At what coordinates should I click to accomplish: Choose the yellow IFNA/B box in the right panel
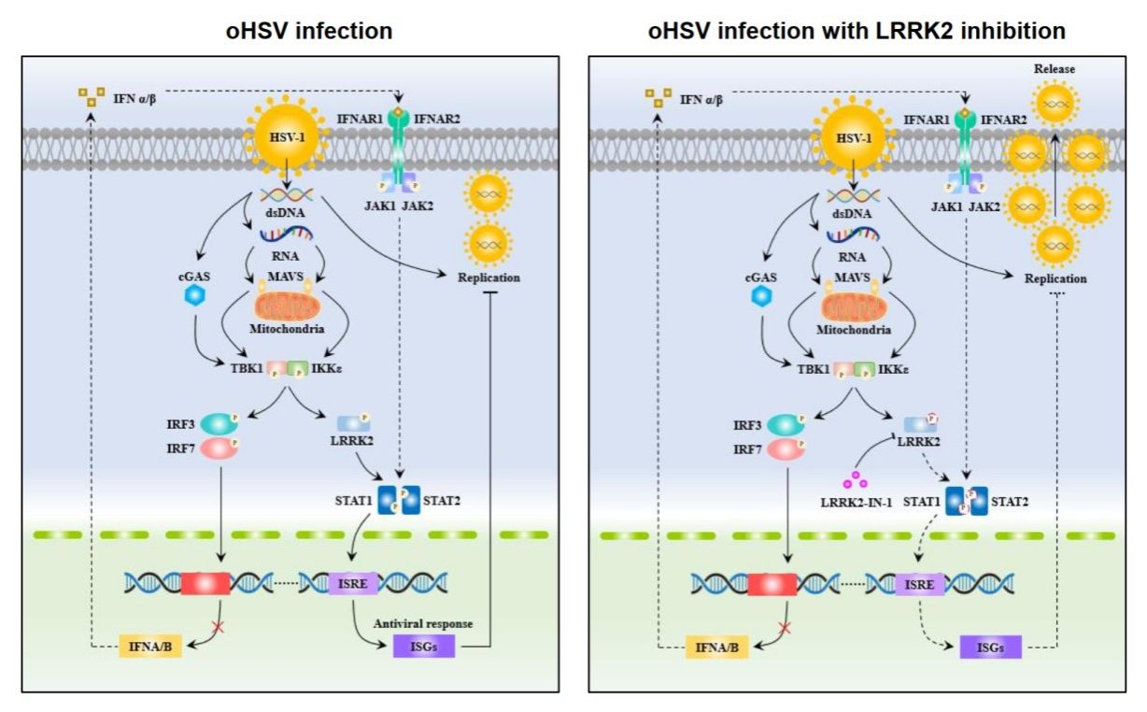tap(717, 646)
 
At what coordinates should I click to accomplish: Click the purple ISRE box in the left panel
tap(352, 584)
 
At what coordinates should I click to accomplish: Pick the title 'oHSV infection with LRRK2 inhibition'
tap(857, 31)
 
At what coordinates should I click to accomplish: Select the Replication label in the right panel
tap(1055, 278)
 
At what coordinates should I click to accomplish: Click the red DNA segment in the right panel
tap(772, 584)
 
